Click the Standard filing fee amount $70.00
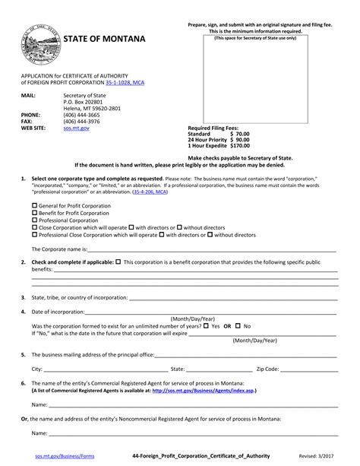(238, 134)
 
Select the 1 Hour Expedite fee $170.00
(238, 146)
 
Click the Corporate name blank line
(213, 249)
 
